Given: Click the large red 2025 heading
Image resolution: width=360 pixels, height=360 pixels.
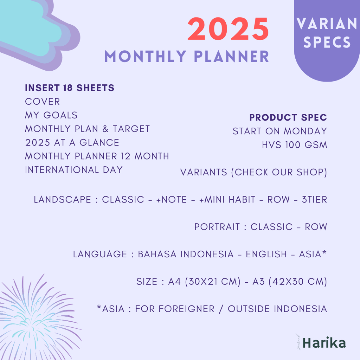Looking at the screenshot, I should tap(228, 30).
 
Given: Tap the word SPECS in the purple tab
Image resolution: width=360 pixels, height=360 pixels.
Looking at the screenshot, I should tap(327, 42).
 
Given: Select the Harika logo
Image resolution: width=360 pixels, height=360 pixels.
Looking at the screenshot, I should tap(324, 343).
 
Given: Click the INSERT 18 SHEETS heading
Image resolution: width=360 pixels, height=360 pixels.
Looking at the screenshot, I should tap(70, 88).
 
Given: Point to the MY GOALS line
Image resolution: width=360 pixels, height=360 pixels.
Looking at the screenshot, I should tap(51, 115).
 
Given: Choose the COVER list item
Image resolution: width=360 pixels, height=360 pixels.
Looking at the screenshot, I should tap(43, 102).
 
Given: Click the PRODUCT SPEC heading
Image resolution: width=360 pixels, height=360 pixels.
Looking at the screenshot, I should tap(288, 117).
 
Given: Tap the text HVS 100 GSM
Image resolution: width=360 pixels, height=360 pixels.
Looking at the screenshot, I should tap(294, 145).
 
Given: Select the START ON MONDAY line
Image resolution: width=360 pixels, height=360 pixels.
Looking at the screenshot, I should tap(279, 131).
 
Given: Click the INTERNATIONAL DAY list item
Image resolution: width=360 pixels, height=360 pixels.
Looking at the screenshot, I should tap(74, 170).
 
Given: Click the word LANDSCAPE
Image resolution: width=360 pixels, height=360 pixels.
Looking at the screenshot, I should tap(62, 200).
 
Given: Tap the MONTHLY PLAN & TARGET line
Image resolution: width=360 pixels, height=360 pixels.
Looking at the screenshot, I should tap(87, 129).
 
